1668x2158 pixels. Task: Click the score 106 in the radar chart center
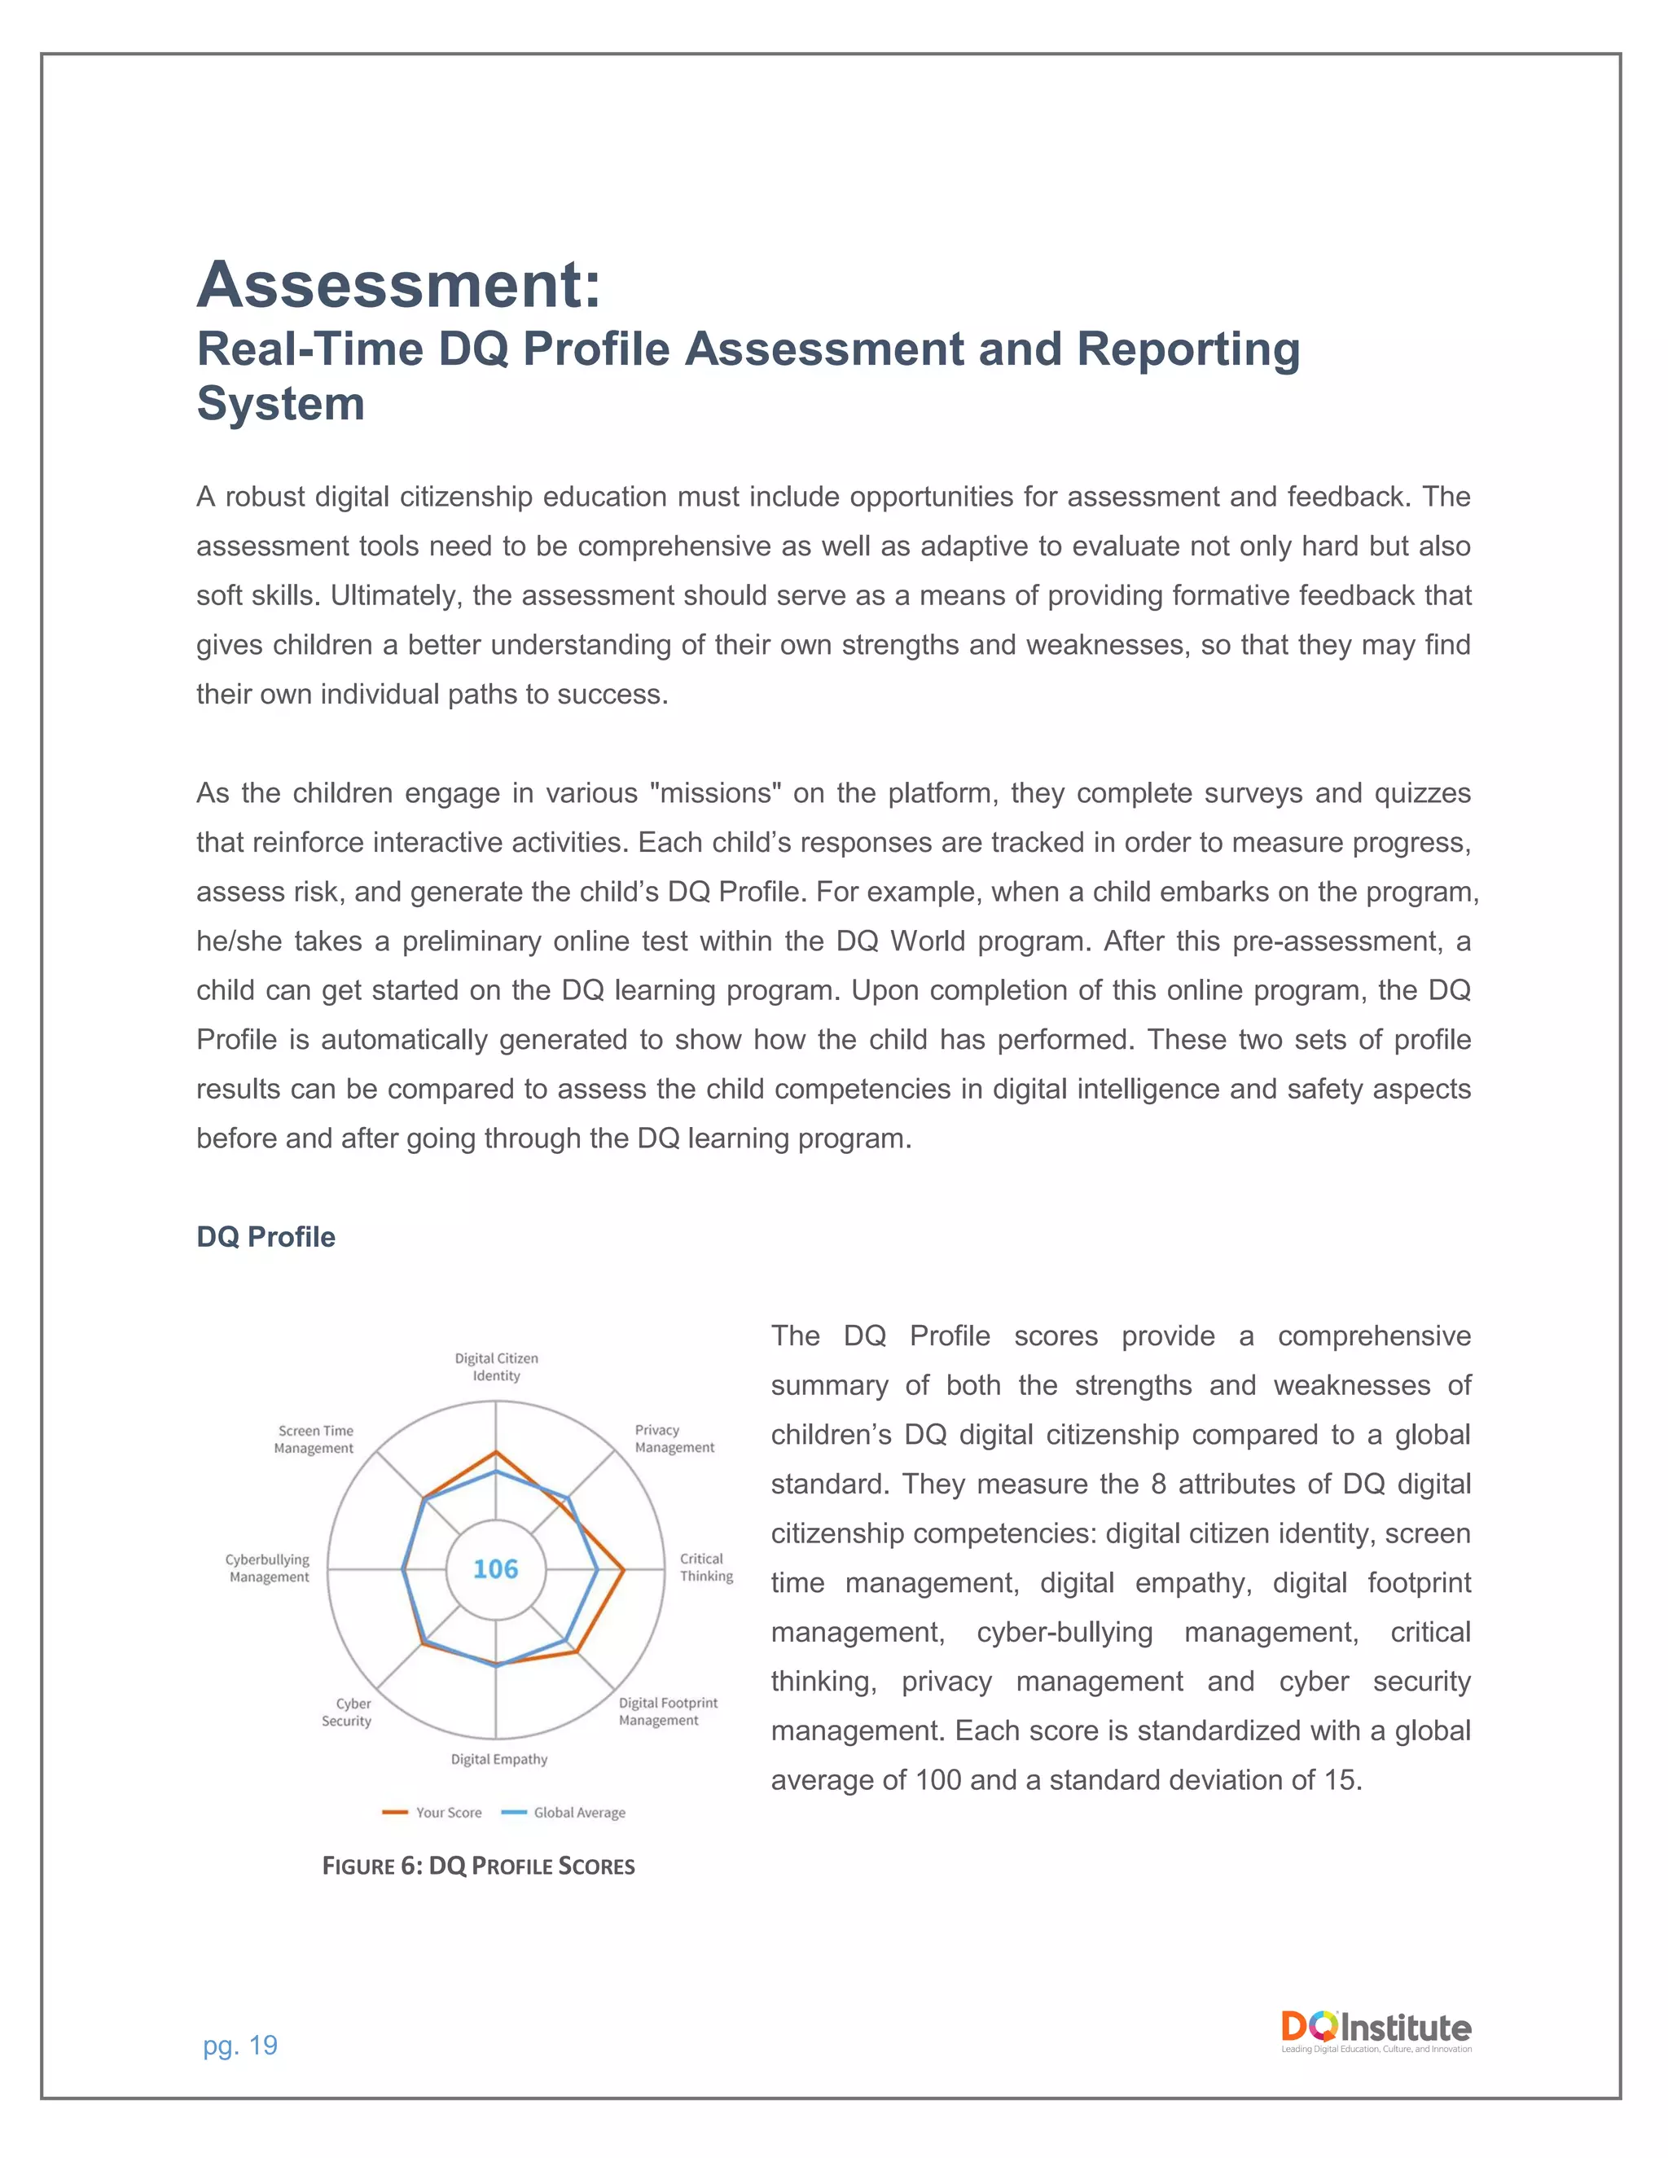495,1568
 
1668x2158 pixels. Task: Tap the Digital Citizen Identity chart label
496,1366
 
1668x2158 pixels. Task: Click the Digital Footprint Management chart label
668,1712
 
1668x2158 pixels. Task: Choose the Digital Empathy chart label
499,1759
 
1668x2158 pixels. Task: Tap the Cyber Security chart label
347,1713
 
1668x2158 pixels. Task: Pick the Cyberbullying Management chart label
268,1568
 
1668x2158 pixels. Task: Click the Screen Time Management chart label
314,1439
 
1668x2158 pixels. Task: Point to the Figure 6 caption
478,1866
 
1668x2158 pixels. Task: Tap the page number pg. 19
240,2046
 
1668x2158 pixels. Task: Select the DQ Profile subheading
266,1237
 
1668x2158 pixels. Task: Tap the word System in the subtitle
281,404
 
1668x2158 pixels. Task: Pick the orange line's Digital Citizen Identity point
496,1451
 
